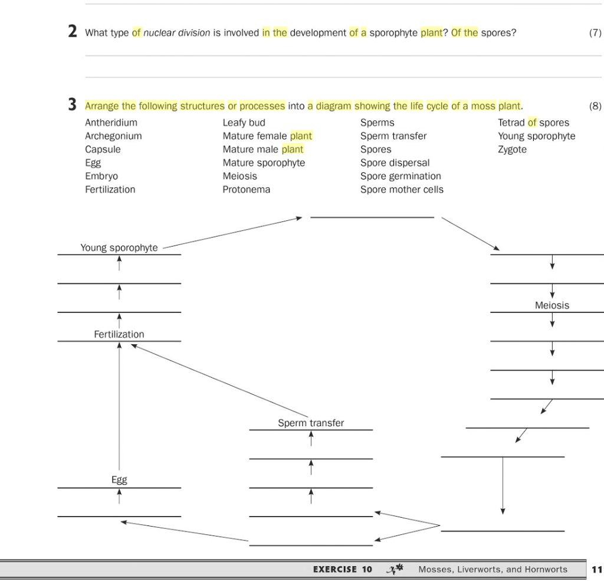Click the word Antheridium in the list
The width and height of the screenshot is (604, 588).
pos(111,123)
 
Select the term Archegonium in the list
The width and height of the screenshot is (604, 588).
pos(113,136)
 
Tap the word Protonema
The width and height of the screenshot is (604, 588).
pos(246,190)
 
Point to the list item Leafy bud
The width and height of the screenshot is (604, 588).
pos(244,123)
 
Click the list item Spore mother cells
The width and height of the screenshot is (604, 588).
pos(402,190)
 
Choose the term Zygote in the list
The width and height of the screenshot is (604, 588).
pos(512,149)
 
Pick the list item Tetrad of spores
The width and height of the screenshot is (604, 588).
pos(533,123)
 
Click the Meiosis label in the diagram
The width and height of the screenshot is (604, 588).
pos(552,305)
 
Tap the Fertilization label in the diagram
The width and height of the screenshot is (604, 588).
pos(119,334)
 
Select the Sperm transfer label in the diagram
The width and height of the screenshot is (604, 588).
pos(311,423)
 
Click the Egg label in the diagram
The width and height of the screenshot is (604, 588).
pos(119,480)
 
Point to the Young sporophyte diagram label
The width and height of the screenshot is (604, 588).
pos(119,248)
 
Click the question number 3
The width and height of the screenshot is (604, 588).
pos(72,105)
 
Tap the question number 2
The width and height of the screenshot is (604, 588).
pos(72,32)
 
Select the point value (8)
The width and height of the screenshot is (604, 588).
pos(595,106)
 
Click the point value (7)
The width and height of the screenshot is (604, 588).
pos(595,33)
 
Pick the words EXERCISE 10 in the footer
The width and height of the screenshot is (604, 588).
pos(343,570)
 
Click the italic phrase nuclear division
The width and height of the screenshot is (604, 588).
pos(177,33)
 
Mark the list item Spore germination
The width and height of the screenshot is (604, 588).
pos(401,176)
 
